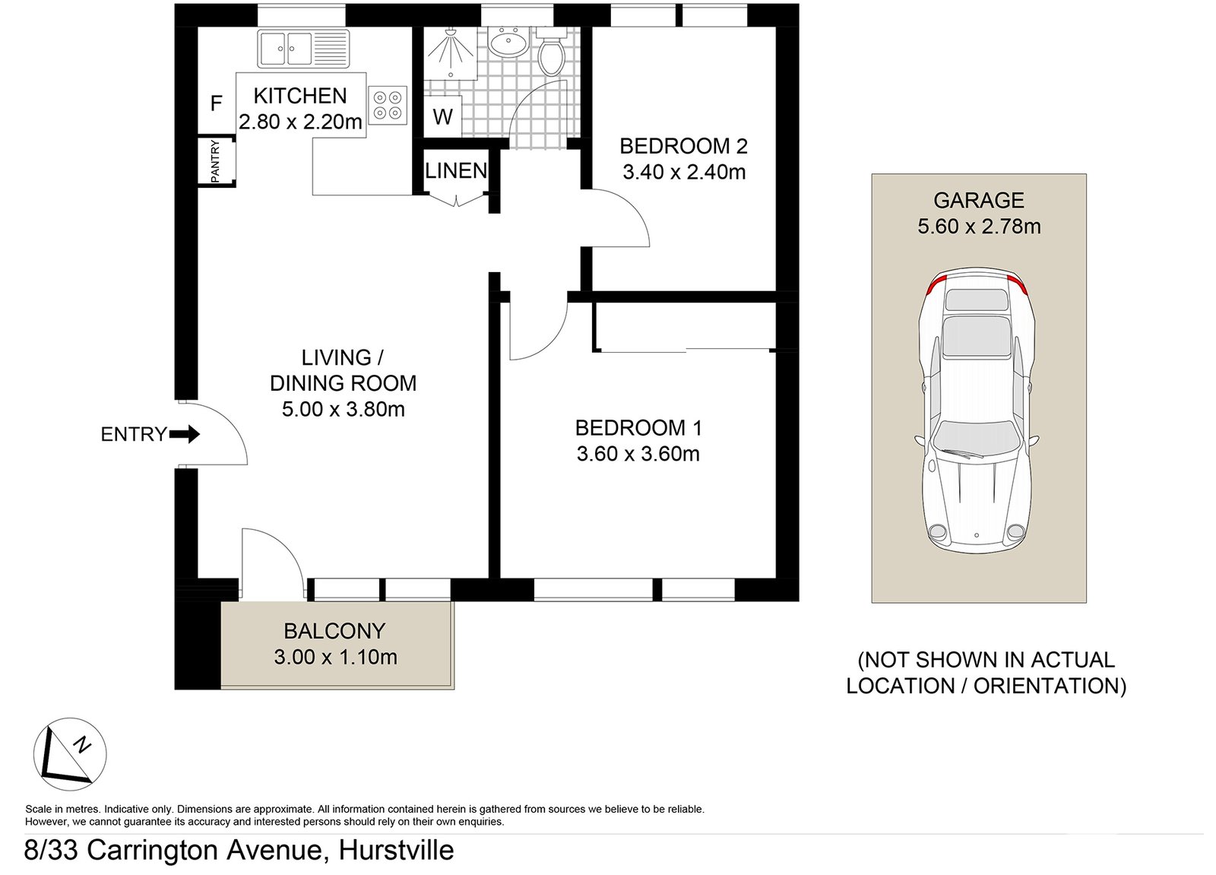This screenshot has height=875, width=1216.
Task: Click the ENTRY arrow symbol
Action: [x=184, y=435]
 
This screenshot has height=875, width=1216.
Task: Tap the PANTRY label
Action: [x=215, y=160]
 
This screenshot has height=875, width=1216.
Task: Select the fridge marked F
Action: [x=217, y=103]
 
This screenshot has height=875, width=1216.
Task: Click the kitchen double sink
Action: [x=302, y=49]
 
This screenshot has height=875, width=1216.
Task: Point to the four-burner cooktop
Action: [x=387, y=105]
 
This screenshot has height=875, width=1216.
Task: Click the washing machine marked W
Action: [x=442, y=117]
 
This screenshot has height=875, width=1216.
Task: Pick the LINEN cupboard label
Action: [x=456, y=171]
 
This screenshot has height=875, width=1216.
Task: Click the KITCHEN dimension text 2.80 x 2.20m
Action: [x=300, y=122]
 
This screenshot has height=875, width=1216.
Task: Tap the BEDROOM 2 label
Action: [x=683, y=146]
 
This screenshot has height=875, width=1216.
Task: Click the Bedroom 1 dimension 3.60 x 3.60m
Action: [x=638, y=454]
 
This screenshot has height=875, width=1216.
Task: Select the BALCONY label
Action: [x=334, y=631]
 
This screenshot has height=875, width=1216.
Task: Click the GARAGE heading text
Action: [x=978, y=201]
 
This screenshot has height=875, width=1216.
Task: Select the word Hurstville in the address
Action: [x=396, y=849]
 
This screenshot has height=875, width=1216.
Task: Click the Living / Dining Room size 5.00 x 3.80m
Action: [x=343, y=410]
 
